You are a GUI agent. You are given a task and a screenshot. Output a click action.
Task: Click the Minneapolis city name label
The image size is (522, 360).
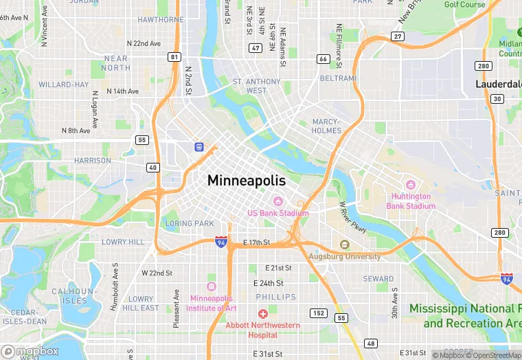pyautogui.click(x=247, y=181)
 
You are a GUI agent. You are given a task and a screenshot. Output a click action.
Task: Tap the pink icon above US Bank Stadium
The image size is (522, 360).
pyautogui.click(x=278, y=201)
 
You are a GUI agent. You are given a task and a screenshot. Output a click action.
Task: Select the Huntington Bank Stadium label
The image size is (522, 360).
pyautogui.click(x=411, y=201)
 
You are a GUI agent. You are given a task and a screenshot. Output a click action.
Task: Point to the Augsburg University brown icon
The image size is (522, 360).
pyautogui.click(x=345, y=245)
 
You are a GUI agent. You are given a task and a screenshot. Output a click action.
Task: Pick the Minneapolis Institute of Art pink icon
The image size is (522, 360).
pyautogui.click(x=211, y=286)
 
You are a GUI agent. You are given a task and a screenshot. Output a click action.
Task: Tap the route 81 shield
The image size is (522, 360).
pyautogui.click(x=175, y=57)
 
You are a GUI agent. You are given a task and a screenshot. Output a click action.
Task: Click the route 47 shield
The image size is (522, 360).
pyautogui.click(x=256, y=48)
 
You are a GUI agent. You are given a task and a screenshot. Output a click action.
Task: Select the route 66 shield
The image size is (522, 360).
pyautogui.click(x=323, y=59)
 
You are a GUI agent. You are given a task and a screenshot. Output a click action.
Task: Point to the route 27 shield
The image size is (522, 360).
pyautogui.click(x=398, y=36)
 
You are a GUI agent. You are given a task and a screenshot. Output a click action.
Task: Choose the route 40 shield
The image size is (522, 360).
pyautogui.click(x=152, y=168)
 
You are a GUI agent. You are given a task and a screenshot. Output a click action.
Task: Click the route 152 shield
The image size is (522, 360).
pyautogui.click(x=318, y=313)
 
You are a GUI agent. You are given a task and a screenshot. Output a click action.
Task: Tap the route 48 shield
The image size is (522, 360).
pyautogui.click(x=371, y=344)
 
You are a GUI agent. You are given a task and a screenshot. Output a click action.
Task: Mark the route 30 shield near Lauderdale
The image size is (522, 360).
pyautogui.click(x=497, y=99)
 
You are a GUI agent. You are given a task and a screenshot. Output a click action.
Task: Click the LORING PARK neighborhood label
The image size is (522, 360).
pyautogui.click(x=190, y=223)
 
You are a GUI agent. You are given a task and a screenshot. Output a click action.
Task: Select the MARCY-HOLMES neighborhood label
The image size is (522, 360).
pyautogui.click(x=326, y=126)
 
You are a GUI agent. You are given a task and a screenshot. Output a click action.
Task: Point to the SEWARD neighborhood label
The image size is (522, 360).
pyautogui.click(x=378, y=279)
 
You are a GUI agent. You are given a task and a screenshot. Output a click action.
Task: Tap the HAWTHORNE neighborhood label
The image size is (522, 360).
pyautogui.click(x=160, y=20)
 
